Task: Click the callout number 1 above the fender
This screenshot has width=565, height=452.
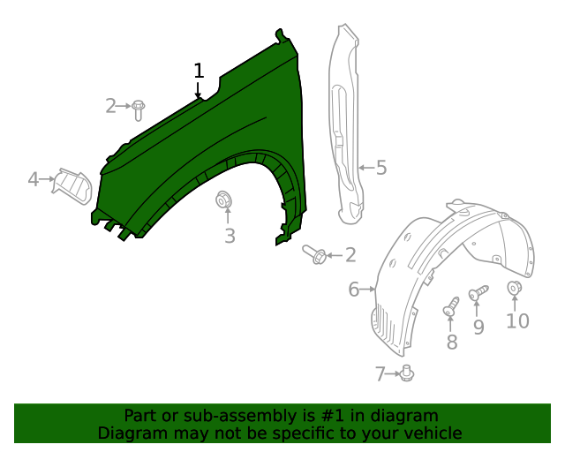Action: coord(199,71)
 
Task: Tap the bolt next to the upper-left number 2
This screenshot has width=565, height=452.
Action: coord(138,110)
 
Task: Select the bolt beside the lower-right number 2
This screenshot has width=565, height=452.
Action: coord(314,254)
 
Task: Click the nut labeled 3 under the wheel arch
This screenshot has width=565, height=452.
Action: coord(223,200)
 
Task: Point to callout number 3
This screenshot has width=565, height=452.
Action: coord(230,236)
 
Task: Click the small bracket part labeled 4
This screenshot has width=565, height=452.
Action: coord(72,186)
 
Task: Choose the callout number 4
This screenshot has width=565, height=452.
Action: coord(34,179)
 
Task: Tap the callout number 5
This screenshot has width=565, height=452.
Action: coord(381,168)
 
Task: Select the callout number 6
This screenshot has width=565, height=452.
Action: coord(354,290)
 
